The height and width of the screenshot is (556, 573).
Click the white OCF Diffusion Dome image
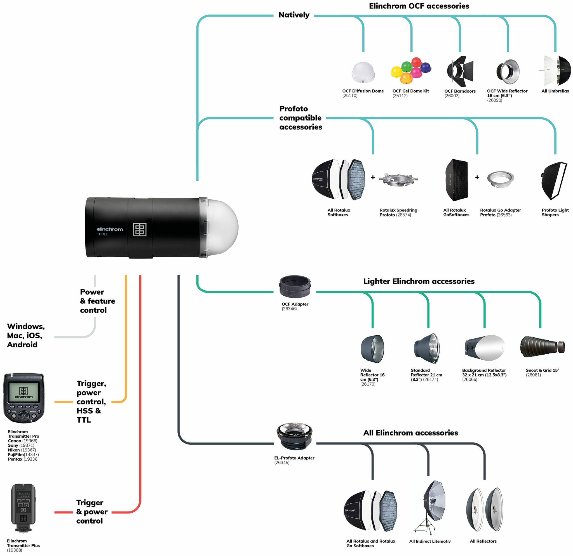click(x=363, y=72)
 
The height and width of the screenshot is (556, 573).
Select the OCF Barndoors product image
click(x=460, y=72)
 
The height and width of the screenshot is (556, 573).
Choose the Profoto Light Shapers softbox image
click(x=554, y=181)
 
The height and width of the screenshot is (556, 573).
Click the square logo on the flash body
click(x=140, y=229)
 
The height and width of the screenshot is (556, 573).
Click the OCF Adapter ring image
click(x=295, y=286)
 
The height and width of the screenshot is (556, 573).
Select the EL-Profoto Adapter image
click(x=294, y=437)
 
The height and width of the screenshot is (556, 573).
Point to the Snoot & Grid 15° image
click(x=542, y=347)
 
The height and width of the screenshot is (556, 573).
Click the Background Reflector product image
click(x=484, y=348)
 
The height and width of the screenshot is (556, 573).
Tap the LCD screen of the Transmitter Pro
click(x=24, y=392)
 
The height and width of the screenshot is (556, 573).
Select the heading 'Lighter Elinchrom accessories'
click(x=419, y=281)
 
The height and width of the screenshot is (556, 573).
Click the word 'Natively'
click(x=294, y=15)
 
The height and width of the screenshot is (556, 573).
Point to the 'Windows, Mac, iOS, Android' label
click(x=26, y=335)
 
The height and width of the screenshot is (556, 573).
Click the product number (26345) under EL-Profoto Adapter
click(x=282, y=463)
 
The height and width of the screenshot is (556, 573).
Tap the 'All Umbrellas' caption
click(x=555, y=91)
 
